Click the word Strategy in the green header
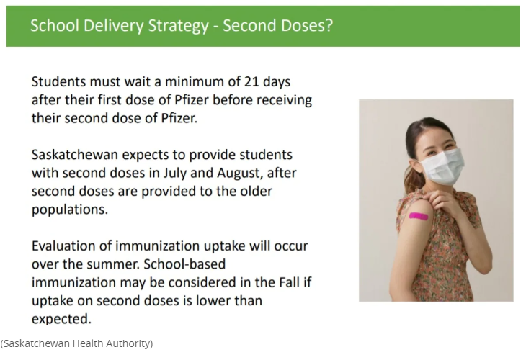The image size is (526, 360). [x=179, y=26]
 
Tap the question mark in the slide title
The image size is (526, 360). [x=329, y=25]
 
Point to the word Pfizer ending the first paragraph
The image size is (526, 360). [x=179, y=118]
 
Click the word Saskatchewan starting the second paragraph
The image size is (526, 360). [x=75, y=155]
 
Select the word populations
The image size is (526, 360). [x=70, y=210]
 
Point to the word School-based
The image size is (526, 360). [x=184, y=264]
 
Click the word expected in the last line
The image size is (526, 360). [x=61, y=319]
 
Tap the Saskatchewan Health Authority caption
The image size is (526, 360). [x=76, y=343]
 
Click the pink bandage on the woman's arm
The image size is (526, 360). [x=419, y=216]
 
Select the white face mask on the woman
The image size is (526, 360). [x=442, y=166]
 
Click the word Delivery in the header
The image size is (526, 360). [x=112, y=25]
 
